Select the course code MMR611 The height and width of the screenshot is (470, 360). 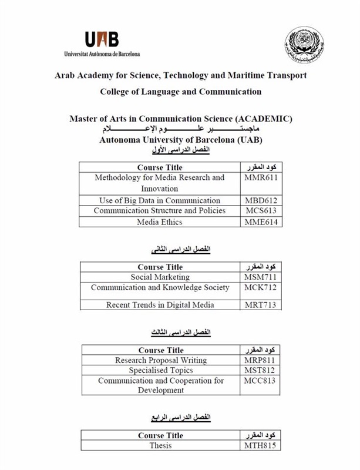tap(260, 177)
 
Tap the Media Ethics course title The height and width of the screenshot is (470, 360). tap(160, 222)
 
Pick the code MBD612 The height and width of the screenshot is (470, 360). tap(260, 200)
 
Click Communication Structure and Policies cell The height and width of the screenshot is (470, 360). tap(159, 211)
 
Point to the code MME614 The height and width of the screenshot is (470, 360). tap(260, 222)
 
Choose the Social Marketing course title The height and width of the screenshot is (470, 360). tap(160, 277)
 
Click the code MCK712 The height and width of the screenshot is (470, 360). tap(260, 288)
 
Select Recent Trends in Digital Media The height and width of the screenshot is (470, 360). tap(160, 305)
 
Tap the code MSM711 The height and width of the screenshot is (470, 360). tap(260, 277)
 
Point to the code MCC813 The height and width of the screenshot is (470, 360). tap(260, 381)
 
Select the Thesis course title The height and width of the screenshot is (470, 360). tap(160, 445)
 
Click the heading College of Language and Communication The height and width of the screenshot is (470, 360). tap(181, 92)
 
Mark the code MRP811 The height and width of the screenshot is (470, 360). tap(260, 360)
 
